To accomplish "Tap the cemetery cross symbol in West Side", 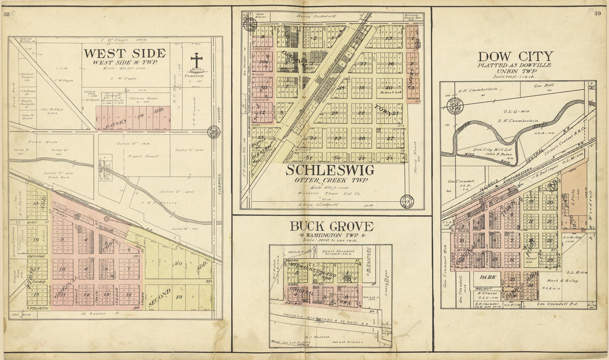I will tap(197, 61).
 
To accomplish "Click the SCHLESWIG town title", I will tap(329, 170).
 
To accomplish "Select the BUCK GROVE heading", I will tap(331, 226).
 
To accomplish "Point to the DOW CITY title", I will tap(515, 56).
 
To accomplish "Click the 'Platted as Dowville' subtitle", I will tap(515, 65).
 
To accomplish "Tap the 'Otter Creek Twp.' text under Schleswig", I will tap(331, 180).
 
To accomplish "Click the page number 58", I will tap(6, 14).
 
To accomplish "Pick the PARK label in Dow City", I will tap(487, 276).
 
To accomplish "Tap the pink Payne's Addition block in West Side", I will tap(133, 118).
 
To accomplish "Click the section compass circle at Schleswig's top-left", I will tap(249, 24).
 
